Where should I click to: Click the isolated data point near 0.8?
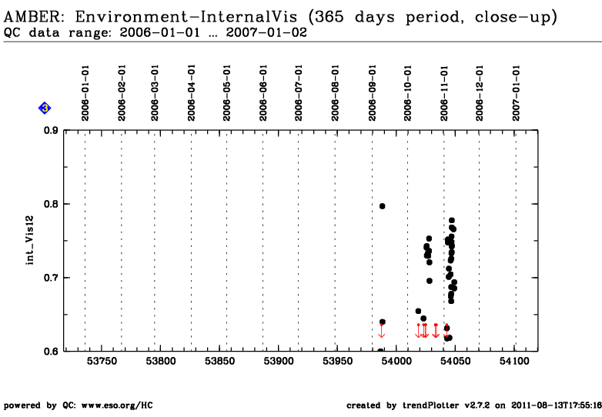tap(382, 206)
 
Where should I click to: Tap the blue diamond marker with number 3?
tap(45, 108)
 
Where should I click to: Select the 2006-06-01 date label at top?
tap(263, 93)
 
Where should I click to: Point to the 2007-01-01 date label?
tap(516, 93)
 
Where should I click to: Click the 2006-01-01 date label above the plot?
tap(85, 93)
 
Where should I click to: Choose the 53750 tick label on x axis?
tap(102, 361)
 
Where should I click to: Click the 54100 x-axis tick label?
tap(514, 361)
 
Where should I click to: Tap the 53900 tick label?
tap(279, 361)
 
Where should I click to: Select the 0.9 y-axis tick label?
tap(51, 131)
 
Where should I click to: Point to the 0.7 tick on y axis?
tap(51, 278)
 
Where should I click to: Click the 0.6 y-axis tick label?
tap(51, 351)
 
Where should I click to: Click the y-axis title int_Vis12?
tap(30, 241)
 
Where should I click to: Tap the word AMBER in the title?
tap(32, 17)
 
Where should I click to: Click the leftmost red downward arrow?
tap(381, 331)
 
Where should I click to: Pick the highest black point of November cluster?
tap(452, 221)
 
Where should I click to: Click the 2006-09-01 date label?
tap(372, 93)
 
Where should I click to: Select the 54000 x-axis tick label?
tap(396, 361)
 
